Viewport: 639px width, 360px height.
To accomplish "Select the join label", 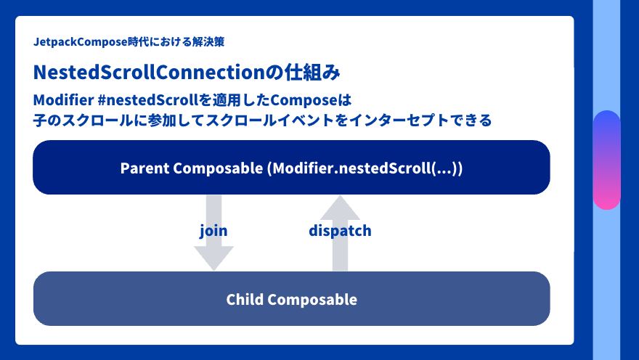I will click(213, 231).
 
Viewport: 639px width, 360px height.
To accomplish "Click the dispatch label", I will click(340, 231).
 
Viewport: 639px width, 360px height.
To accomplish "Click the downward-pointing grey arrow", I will click(213, 254).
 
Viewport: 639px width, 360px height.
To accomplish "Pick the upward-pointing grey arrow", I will click(340, 210).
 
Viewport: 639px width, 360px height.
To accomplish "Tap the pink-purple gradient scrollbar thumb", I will click(606, 160).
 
